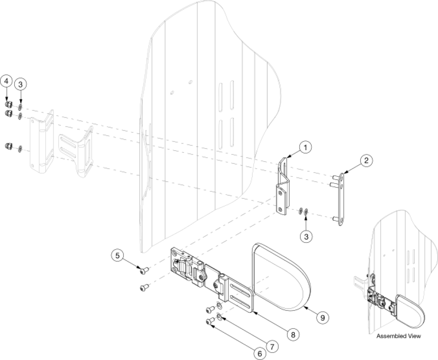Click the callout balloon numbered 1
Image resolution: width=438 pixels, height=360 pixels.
(306, 147)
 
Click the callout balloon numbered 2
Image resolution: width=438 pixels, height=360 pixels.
(366, 161)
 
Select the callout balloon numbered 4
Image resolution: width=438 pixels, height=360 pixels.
(6, 81)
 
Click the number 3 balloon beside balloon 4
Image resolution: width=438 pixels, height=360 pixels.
(20, 84)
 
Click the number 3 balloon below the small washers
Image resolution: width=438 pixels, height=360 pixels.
(307, 236)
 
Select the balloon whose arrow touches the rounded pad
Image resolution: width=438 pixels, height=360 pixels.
(322, 316)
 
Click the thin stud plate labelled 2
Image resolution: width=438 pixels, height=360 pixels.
(341, 199)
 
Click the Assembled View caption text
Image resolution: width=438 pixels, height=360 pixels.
(399, 337)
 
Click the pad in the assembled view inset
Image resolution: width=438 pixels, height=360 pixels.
(410, 309)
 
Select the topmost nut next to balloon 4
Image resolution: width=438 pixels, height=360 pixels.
(8, 104)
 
